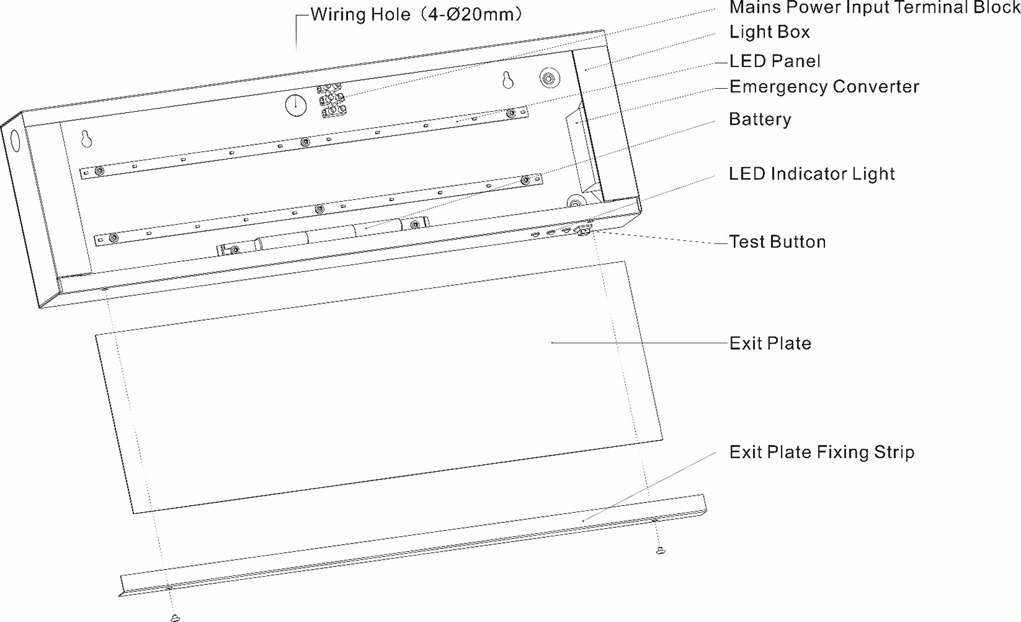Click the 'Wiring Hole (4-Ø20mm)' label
(415, 15)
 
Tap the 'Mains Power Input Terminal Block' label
(875, 7)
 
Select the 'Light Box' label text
(770, 32)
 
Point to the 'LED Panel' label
(775, 61)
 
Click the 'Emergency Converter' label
(824, 87)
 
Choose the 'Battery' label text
(760, 119)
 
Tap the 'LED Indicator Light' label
(812, 174)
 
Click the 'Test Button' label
(778, 241)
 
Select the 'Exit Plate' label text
(770, 344)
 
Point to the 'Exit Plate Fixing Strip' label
(822, 452)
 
